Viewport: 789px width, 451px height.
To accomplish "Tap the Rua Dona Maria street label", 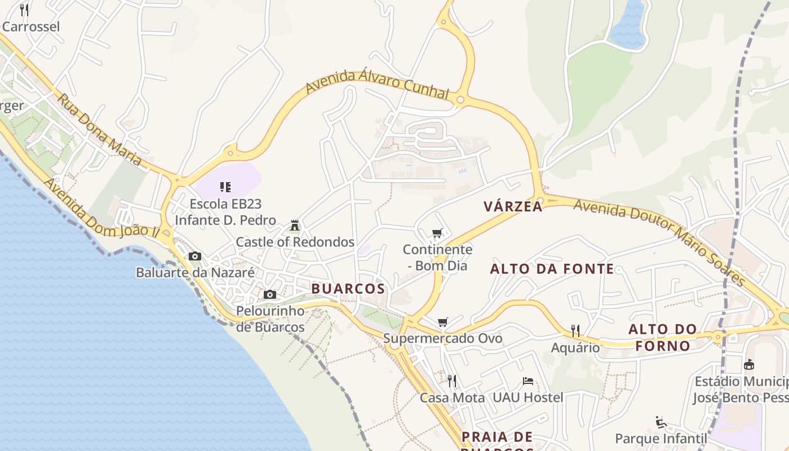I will [99, 129].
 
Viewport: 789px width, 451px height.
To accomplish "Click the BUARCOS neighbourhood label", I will [348, 289].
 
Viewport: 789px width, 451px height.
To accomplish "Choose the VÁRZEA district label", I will [513, 207].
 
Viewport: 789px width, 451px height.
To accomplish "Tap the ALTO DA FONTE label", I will [552, 269].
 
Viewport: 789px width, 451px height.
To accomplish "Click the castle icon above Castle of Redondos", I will [294, 225].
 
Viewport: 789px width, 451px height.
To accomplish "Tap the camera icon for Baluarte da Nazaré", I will [195, 256].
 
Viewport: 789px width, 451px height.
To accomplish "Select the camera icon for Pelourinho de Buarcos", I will [270, 294].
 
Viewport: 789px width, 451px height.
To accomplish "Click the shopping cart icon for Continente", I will [437, 233].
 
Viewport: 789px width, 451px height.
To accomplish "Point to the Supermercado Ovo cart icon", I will [443, 322].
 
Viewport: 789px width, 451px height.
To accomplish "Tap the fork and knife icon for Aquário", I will [575, 331].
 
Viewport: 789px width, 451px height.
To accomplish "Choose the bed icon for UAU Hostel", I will [528, 381].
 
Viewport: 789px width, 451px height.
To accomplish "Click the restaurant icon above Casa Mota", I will [452, 381].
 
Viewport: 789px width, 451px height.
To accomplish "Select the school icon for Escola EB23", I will [225, 187].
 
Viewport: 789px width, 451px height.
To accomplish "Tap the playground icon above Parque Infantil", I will [661, 422].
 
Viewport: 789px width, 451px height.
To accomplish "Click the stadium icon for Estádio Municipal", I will [749, 364].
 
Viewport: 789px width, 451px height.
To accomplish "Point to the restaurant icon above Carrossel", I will [24, 10].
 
